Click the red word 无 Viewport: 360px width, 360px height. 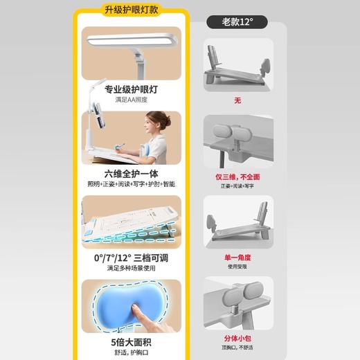point(237,100)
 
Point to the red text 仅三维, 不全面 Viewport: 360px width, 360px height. point(238,177)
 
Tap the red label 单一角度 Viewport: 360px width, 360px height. point(238,257)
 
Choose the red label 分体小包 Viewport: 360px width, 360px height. point(238,340)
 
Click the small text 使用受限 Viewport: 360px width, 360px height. point(238,267)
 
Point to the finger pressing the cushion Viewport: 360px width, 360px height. point(142,315)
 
